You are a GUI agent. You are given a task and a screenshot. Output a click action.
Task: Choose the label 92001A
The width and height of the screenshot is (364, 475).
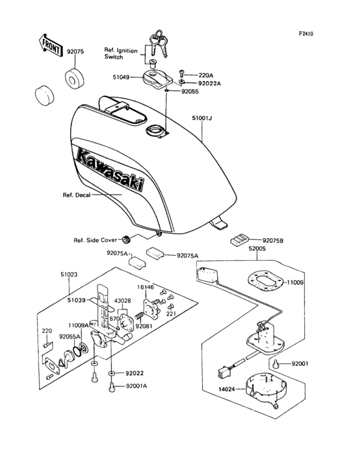pos(136,386)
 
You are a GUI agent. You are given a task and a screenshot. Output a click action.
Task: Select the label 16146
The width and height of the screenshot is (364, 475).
pos(145,286)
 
